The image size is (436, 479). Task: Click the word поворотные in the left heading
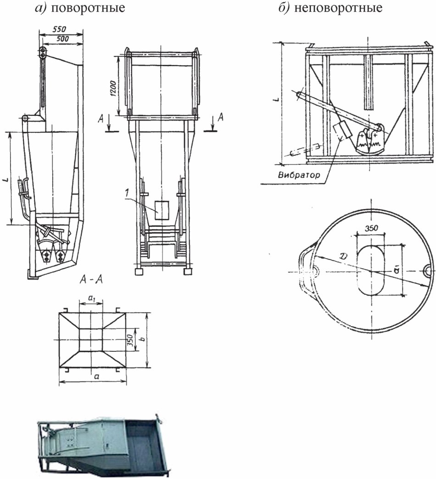coord(88,7)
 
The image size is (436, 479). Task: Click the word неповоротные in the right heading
coord(338,8)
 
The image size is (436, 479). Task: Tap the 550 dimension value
coord(59,29)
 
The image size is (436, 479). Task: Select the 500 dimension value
coord(62,39)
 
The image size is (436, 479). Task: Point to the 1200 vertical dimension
coord(112,89)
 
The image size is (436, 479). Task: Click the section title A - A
coord(91,280)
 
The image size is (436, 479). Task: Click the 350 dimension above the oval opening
coord(371,228)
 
